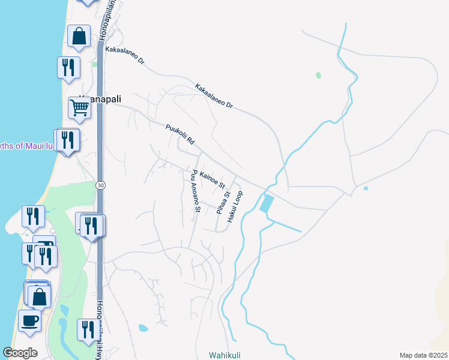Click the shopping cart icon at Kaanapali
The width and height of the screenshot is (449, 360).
pyautogui.click(x=79, y=108)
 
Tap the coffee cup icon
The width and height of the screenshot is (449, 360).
pyautogui.click(x=29, y=320)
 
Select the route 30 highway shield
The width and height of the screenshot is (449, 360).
pyautogui.click(x=100, y=186)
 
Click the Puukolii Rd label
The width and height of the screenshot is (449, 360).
pyautogui.click(x=181, y=134)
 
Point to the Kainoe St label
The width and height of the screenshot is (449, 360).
pyautogui.click(x=212, y=178)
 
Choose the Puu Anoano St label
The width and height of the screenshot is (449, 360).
pyautogui.click(x=194, y=191)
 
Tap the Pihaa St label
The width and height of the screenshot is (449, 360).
pyautogui.click(x=223, y=203)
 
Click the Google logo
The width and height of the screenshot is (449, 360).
pyautogui.click(x=20, y=353)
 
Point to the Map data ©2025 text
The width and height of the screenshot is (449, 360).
pyautogui.click(x=423, y=355)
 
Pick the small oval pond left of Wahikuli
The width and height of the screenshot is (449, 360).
pyautogui.click(x=143, y=328)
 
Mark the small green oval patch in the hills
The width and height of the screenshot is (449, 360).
pyautogui.click(x=318, y=76)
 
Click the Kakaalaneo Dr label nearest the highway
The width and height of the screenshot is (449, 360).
pyautogui.click(x=125, y=56)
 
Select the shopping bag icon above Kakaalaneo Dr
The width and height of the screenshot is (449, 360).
pyautogui.click(x=79, y=36)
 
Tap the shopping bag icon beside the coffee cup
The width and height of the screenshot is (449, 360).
pyautogui.click(x=40, y=296)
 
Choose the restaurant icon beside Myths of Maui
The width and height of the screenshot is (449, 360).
pyautogui.click(x=68, y=140)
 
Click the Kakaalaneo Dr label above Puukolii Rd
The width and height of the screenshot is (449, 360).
pyautogui.click(x=213, y=96)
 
